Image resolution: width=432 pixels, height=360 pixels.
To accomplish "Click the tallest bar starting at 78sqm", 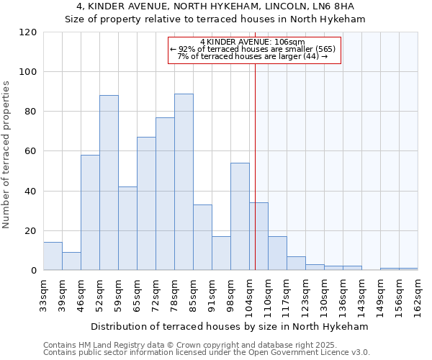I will click(x=184, y=182).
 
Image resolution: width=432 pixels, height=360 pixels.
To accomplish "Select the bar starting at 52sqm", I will click(x=109, y=183).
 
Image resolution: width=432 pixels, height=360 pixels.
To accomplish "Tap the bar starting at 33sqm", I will click(x=53, y=256).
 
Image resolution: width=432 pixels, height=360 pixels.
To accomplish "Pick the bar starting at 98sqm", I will click(x=240, y=217).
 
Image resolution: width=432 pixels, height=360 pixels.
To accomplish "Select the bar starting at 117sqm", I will click(x=296, y=263).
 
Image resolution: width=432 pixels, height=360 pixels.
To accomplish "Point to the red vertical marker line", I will click(x=255, y=166).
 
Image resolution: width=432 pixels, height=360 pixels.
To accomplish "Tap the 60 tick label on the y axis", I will click(x=31, y=151).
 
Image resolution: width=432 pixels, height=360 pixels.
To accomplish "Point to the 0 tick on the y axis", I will click(x=34, y=271).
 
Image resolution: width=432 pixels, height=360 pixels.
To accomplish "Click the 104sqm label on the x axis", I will click(x=249, y=293).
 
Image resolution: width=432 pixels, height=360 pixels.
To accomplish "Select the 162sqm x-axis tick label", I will click(x=418, y=293).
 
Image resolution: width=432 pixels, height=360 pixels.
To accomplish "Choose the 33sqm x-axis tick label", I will click(x=43, y=292).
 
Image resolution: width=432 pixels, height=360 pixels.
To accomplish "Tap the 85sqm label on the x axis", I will click(x=193, y=292).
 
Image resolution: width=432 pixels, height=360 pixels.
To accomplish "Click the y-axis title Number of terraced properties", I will click(x=6, y=155).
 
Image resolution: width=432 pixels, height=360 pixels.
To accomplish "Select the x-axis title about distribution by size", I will click(x=230, y=326).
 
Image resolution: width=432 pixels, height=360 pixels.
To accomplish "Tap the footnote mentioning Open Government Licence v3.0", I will click(x=206, y=353).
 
